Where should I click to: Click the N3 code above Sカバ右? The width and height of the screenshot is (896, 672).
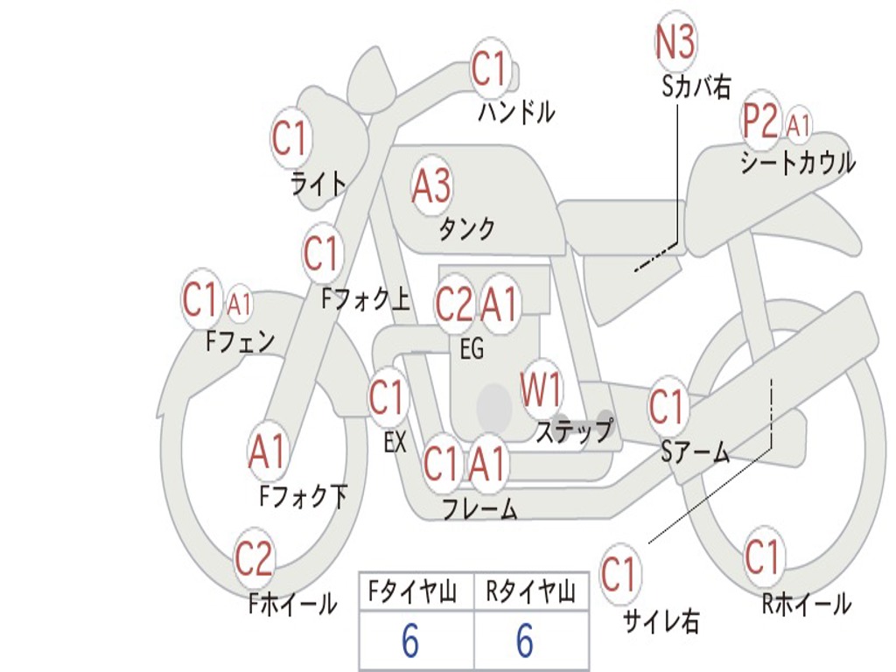coord(675,41)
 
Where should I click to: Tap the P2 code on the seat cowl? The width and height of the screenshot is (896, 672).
coord(760,123)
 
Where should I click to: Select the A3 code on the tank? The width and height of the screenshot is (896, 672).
coord(431,185)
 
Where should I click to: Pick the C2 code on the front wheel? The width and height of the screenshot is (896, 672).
coord(254,558)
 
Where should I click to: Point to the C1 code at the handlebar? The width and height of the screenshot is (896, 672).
coord(489,69)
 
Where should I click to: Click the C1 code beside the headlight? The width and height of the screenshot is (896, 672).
coord(291,138)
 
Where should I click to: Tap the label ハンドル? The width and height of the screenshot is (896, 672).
coord(516,112)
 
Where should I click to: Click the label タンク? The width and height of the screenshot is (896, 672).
coord(466,229)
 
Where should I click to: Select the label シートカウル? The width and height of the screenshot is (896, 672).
coord(797,163)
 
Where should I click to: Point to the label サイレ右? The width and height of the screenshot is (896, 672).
coord(661,621)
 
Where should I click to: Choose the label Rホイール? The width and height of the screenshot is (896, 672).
coord(806,604)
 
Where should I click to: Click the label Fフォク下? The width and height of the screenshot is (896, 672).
coord(303,497)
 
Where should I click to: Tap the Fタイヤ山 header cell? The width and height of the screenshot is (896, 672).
coord(415,593)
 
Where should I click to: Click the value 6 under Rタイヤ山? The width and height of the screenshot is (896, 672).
coord(525,641)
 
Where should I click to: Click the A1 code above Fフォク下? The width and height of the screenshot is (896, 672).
coord(267,451)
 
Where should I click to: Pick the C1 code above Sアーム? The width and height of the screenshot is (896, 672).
coord(667,407)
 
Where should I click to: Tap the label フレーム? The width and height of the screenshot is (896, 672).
coord(479,508)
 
